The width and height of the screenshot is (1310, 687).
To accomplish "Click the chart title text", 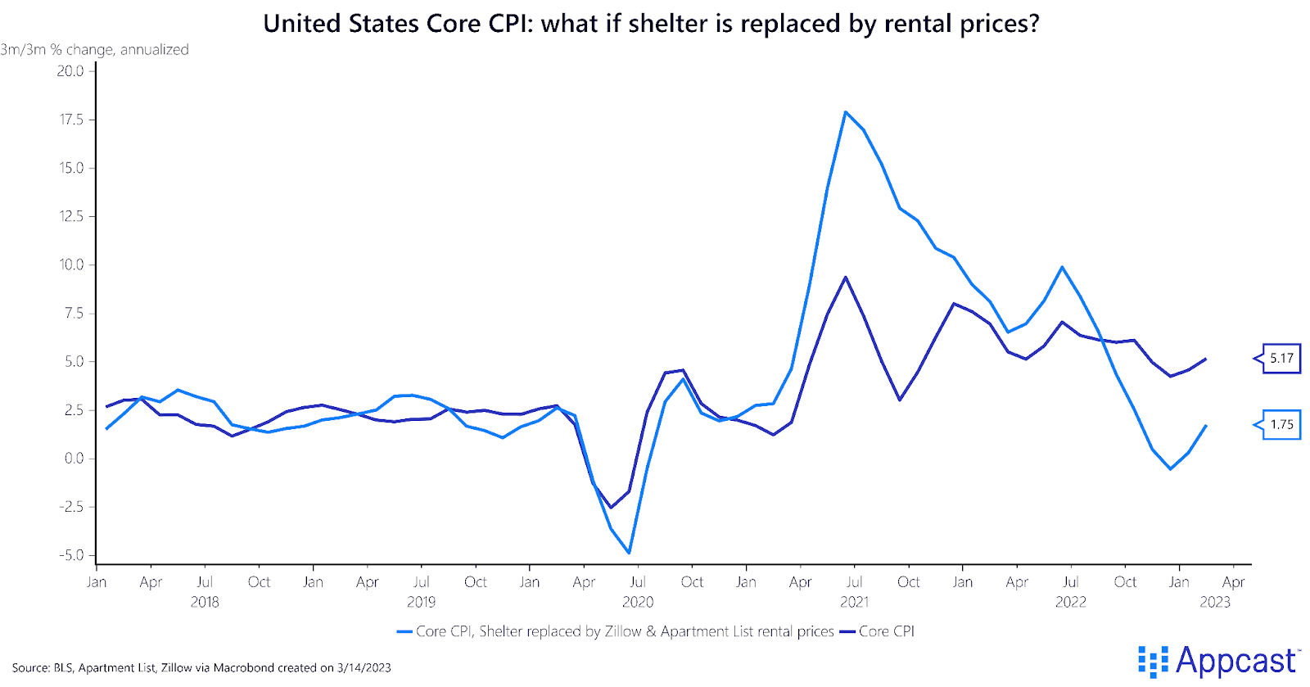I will click(x=651, y=23).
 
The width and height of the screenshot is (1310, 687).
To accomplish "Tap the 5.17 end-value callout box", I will click(x=1281, y=358).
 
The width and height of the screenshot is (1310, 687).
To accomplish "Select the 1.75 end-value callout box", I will click(x=1281, y=424).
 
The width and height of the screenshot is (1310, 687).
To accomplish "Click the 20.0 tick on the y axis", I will click(x=70, y=71).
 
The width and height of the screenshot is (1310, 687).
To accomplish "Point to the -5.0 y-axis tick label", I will click(x=71, y=555).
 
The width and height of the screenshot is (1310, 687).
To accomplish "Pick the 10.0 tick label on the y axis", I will click(x=70, y=264).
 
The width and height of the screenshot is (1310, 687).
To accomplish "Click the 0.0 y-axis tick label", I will click(x=74, y=459).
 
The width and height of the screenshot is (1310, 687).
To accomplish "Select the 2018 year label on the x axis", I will click(x=205, y=602).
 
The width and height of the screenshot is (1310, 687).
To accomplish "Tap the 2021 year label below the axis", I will click(x=854, y=602).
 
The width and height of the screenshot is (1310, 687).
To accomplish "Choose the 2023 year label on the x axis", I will click(x=1215, y=602).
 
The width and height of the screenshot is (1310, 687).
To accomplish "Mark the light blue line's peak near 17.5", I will click(x=846, y=112).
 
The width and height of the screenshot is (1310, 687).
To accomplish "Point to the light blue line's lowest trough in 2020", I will click(x=629, y=553).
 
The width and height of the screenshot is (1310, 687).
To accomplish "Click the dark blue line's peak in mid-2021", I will click(x=845, y=278).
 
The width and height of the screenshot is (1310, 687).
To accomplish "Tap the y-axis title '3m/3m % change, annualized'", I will click(x=94, y=50).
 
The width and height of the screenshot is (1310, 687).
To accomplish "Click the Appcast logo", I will click(x=1217, y=661).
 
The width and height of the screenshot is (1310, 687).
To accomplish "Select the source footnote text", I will click(x=201, y=667).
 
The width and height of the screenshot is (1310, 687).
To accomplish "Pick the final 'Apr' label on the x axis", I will click(x=1233, y=582).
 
